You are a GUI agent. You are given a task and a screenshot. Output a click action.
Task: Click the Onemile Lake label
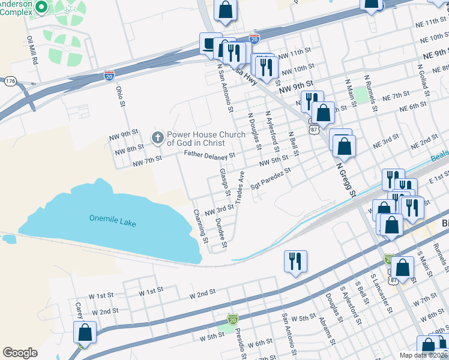[112, 220]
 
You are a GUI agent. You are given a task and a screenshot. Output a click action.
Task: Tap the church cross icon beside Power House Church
[158, 139]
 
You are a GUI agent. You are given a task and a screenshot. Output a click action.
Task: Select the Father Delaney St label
[209, 155]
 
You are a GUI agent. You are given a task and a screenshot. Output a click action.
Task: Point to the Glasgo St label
[224, 182]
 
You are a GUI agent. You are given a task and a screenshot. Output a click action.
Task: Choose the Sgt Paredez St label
[271, 178]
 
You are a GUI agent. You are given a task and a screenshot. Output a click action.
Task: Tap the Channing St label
[200, 226]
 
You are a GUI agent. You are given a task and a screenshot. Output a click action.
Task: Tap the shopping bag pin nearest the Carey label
[85, 332]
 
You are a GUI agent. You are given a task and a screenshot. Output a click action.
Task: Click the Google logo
[20, 353]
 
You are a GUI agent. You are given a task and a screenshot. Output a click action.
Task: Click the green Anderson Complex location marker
[41, 7]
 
